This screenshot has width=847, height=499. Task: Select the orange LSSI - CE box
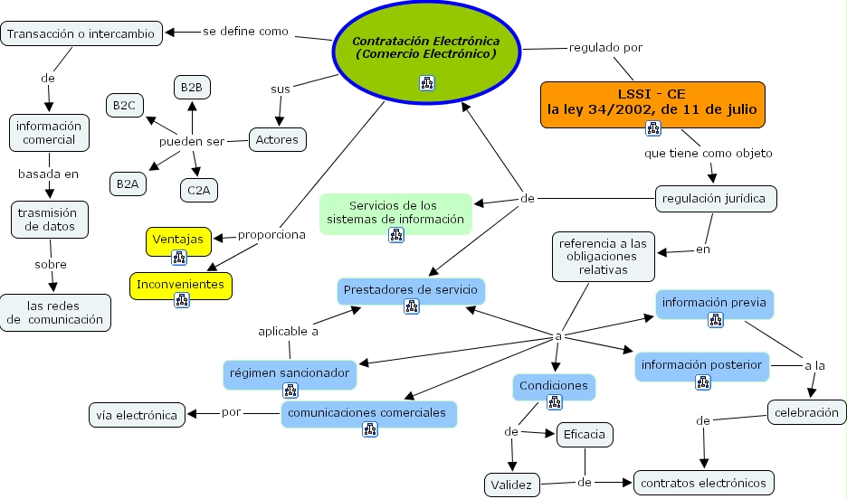point(652,101)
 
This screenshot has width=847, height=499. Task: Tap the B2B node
point(191,87)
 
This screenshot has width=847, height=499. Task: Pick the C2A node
point(198,190)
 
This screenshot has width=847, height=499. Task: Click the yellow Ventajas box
point(178,240)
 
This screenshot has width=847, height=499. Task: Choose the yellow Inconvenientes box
point(180,285)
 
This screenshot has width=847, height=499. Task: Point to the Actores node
point(277,140)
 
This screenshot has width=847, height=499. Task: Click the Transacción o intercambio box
point(82,34)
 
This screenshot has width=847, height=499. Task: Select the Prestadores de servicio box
point(411,290)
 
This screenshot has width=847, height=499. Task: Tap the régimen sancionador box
point(289,372)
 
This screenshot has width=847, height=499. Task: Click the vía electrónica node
point(137,415)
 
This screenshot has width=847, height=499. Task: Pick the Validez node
point(512,484)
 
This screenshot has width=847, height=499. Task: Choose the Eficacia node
point(584,435)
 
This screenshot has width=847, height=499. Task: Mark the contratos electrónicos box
point(704,483)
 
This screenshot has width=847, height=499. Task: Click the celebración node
point(805,412)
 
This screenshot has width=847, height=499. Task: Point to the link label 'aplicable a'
point(289,331)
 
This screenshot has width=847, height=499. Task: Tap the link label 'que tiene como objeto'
point(709,153)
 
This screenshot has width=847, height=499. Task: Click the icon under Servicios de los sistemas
point(396,235)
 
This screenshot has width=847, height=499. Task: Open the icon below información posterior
point(703,382)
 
